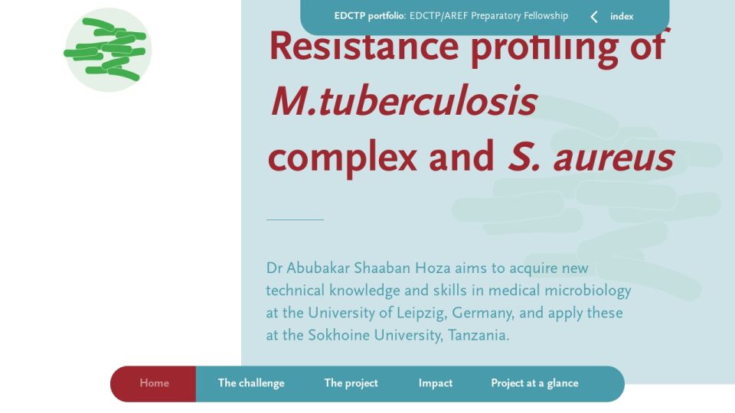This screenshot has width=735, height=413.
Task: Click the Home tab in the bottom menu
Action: coord(154,383)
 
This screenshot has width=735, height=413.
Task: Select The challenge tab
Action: coord(251,383)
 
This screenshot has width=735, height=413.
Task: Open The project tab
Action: coord(351,383)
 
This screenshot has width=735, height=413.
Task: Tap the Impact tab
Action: coord(436,383)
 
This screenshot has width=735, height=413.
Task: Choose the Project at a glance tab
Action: coord(535,383)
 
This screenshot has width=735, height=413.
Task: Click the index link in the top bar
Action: coord(622,16)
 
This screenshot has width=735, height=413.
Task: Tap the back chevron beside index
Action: coord(594,17)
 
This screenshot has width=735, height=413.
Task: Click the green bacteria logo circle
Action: coord(108,50)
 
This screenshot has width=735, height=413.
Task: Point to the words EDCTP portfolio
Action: coord(369,16)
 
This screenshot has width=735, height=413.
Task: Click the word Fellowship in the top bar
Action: coord(546,16)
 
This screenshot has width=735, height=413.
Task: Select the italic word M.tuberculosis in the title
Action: coord(403,101)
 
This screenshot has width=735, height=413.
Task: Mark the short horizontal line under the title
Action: coord(295,220)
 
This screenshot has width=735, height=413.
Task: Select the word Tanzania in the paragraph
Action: coord(478,335)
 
